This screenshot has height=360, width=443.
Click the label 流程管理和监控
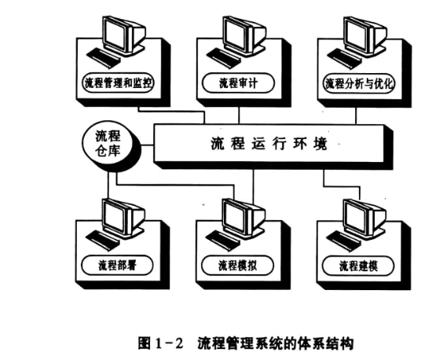119,83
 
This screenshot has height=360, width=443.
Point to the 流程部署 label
119,265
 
